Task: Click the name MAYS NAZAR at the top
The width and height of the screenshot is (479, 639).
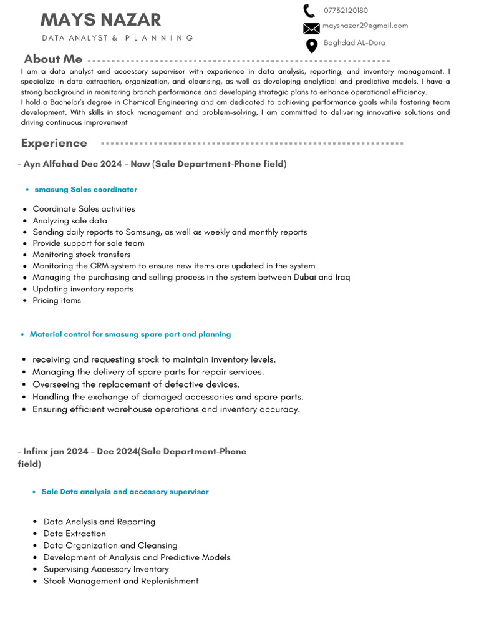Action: (x=100, y=19)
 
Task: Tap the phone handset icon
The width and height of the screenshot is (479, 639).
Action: (x=309, y=11)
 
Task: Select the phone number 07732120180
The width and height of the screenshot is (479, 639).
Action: (x=346, y=11)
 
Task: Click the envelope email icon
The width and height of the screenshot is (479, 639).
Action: (x=311, y=28)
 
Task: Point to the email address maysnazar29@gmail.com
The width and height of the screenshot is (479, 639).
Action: (x=365, y=26)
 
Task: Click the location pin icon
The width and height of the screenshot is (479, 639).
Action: (x=311, y=46)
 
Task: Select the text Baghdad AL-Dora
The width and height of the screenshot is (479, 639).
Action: (x=354, y=43)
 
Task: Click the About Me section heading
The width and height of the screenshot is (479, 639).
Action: (x=53, y=59)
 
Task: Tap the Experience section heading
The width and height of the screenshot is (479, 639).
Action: (x=54, y=143)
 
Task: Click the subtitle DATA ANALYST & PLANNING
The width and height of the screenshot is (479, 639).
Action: (x=118, y=38)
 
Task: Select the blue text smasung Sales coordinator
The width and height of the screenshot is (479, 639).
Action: (x=86, y=189)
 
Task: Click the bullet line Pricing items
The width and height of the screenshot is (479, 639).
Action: (x=57, y=300)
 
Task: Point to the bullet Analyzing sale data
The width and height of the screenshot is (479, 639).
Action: (x=70, y=220)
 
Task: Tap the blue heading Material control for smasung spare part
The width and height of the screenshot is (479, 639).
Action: (x=130, y=334)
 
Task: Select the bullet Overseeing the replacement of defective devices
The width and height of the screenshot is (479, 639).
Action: (x=136, y=384)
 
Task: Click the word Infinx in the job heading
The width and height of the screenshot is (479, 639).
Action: (x=35, y=451)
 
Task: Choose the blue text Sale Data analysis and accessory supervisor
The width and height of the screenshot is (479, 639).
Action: (x=125, y=492)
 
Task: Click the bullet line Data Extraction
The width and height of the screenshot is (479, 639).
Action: (x=74, y=534)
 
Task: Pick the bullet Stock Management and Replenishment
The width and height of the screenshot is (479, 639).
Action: (x=121, y=581)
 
